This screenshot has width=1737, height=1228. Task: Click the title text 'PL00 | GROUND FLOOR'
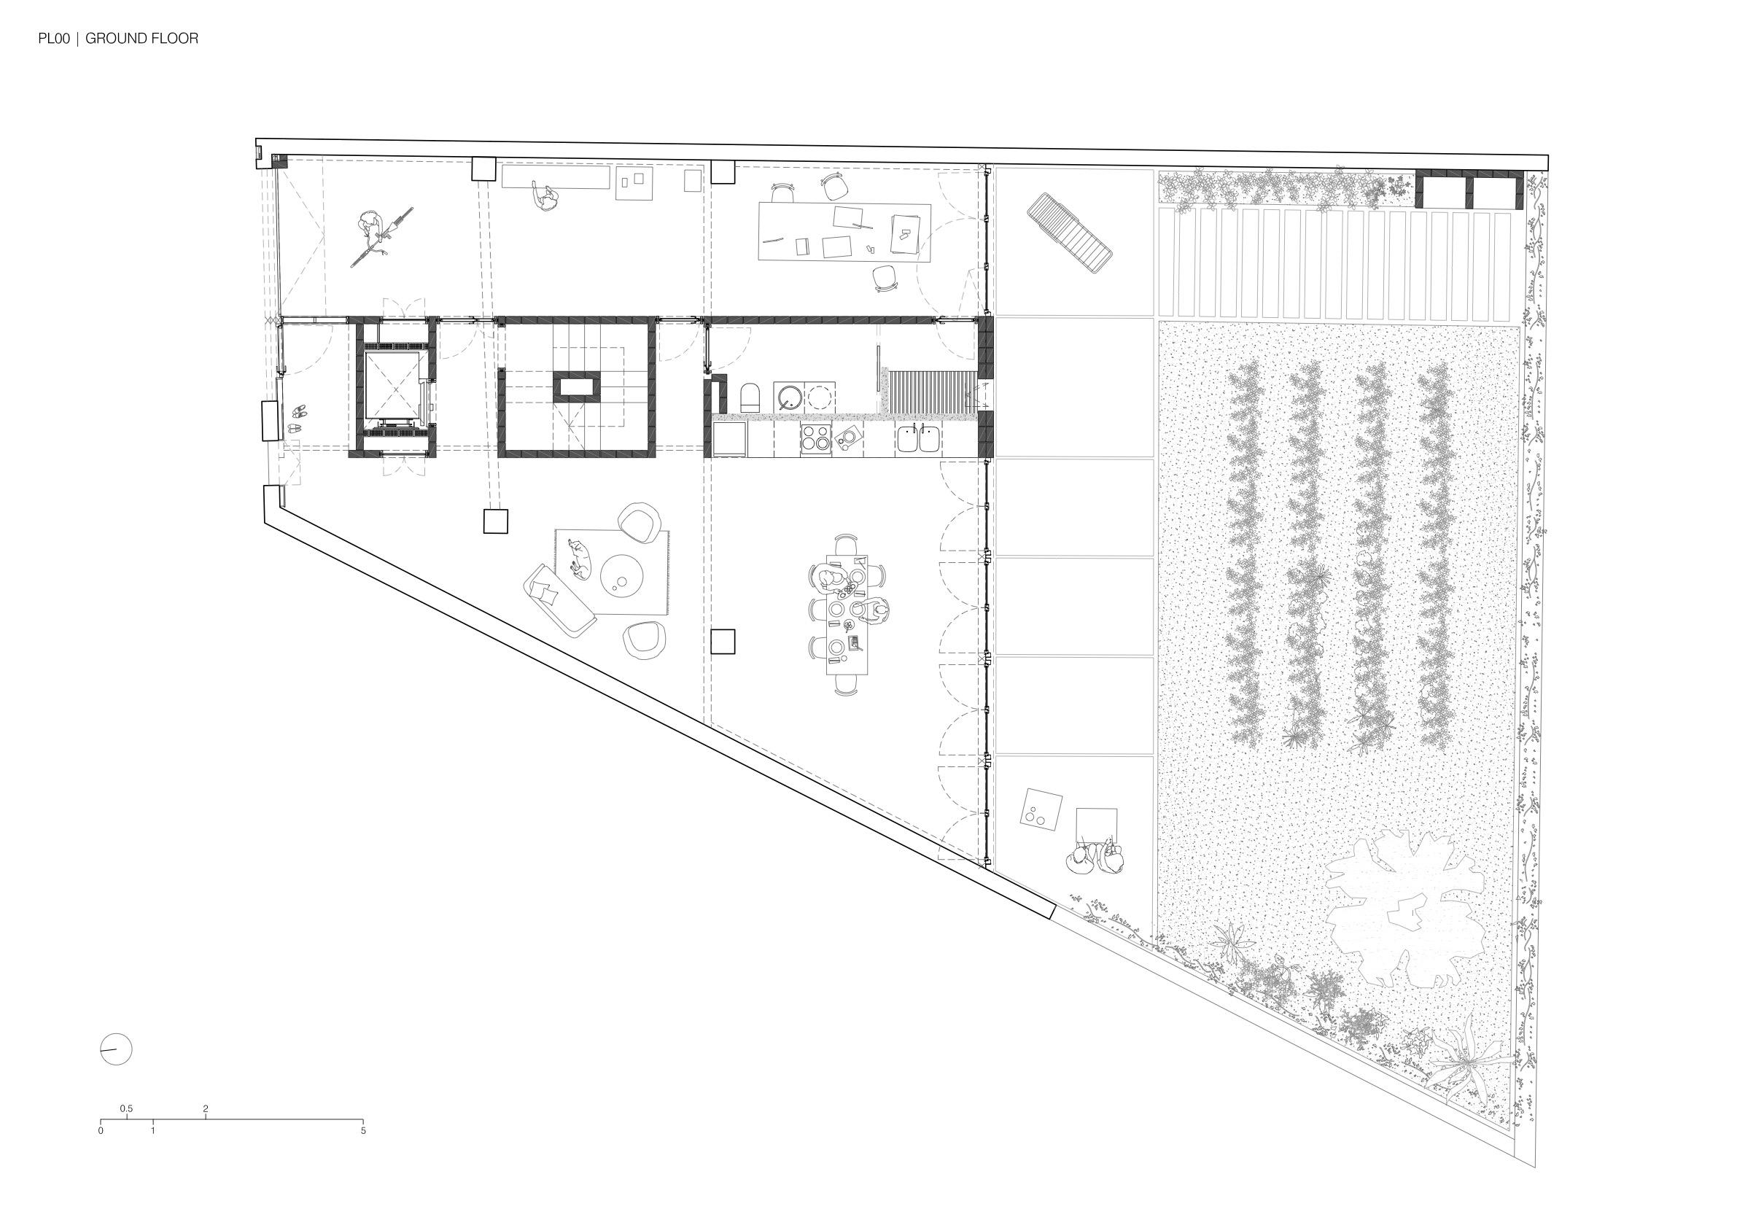click(x=118, y=39)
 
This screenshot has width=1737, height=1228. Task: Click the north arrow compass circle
click(x=117, y=1049)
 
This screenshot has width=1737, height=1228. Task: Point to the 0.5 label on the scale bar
click(x=126, y=1109)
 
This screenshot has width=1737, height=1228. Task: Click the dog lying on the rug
click(x=578, y=558)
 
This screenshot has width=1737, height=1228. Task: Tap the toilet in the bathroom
click(x=749, y=397)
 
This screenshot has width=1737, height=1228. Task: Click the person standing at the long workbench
click(x=545, y=198)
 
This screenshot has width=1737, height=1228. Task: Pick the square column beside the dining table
click(x=723, y=642)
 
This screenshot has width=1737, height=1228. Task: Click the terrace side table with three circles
click(x=1041, y=809)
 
